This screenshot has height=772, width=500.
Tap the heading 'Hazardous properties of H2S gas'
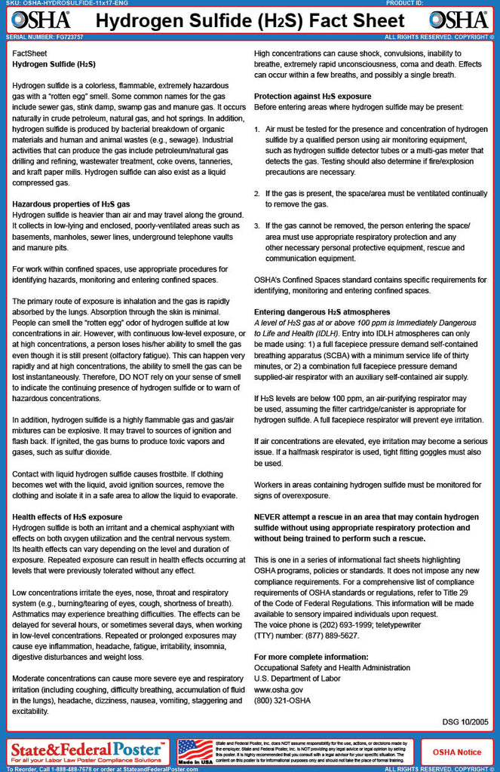[71, 204]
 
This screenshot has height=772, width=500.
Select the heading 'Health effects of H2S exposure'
[67, 516]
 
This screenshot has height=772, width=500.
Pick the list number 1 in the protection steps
[256, 130]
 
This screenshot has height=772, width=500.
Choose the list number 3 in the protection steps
[256, 226]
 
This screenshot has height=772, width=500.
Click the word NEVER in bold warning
[269, 517]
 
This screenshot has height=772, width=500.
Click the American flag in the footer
[195, 750]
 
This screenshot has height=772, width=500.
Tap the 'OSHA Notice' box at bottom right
[457, 752]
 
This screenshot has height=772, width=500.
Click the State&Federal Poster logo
[87, 749]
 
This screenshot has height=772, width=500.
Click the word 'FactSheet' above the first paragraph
[29, 54]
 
